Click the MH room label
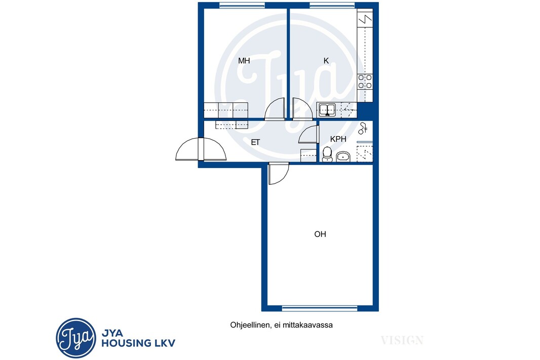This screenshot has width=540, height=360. (244, 61)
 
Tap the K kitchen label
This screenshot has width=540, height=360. (326, 61)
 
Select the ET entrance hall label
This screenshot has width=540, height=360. (255, 142)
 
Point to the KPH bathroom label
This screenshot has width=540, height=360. (338, 139)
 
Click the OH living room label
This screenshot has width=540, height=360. (320, 234)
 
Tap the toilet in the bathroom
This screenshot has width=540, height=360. (327, 154)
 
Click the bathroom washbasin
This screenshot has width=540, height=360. (342, 156)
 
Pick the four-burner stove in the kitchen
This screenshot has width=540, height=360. (365, 82)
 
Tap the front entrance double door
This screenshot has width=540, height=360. (201, 149)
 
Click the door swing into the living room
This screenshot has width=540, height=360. (279, 174)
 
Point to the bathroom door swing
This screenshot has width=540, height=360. (307, 134)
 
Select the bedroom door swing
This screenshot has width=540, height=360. (275, 109)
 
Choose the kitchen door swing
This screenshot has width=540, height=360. (302, 109)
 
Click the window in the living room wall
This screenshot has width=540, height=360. (320, 308)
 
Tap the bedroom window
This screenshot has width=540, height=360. (242, 5)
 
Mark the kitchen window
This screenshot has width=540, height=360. (332, 5)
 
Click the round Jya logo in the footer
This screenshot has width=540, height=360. (76, 338)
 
